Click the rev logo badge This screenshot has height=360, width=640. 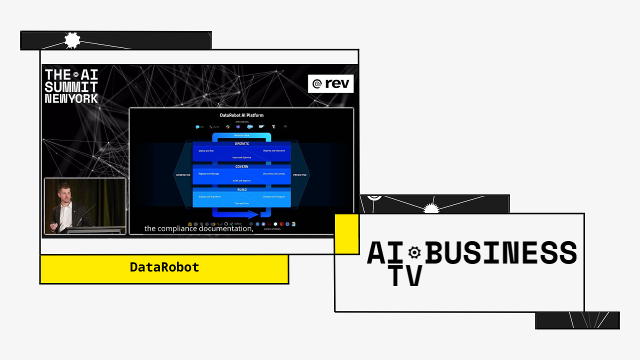pos(330,83)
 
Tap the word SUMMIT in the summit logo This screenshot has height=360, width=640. pos(70,86)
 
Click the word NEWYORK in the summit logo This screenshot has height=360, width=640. pos(71,98)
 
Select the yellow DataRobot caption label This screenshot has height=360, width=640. pos(164,268)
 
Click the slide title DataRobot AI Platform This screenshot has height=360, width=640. pos(241,115)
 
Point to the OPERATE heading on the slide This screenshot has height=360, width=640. pos(241,144)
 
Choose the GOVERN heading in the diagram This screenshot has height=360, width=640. pos(241,167)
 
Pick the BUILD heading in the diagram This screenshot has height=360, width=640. pos(241,190)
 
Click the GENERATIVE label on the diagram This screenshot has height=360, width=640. pos(182,175)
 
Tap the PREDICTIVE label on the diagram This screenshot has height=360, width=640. pos(299,175)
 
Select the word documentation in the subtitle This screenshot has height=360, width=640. pos(229,228)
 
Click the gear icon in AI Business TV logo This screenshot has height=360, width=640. pos(414,252)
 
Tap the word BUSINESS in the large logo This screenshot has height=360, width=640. pos(500,252)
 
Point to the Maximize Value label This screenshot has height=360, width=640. pos(241,135)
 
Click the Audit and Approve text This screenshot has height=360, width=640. pos(241,180)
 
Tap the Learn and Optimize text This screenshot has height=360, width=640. pos(241,157)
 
